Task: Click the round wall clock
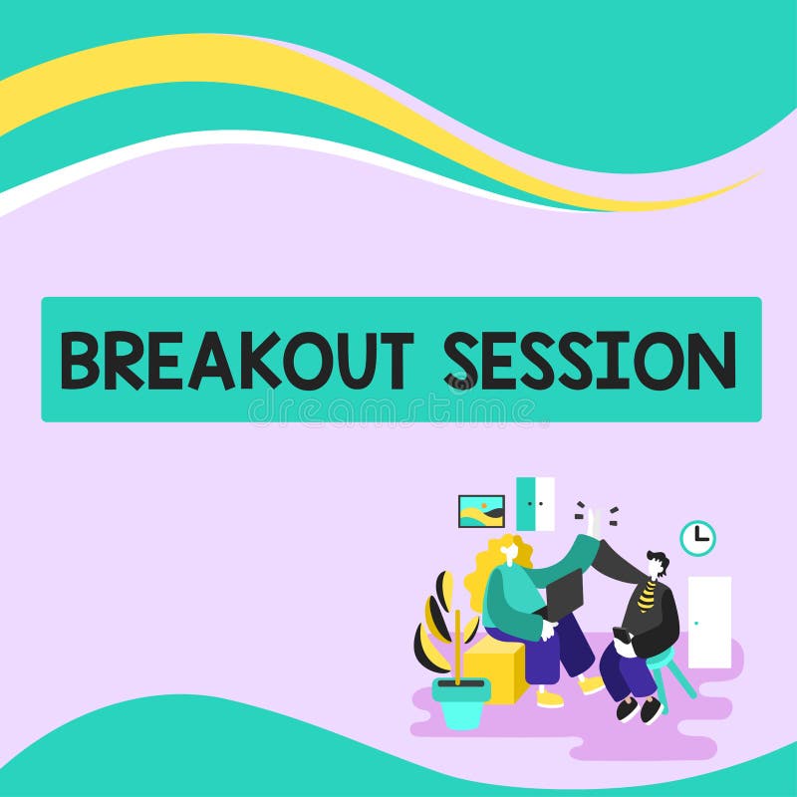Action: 697,538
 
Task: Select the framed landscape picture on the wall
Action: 481,511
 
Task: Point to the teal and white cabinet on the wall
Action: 535,503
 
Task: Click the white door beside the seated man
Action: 709,622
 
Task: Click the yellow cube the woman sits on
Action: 495,667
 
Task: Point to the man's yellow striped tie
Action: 648,597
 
